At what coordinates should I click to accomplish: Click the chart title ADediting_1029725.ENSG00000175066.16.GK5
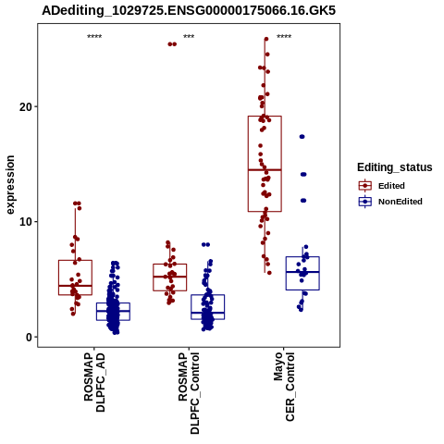[x=189, y=11]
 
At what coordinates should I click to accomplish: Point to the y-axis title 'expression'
[x=10, y=185]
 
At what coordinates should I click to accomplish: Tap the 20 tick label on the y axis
[x=26, y=107]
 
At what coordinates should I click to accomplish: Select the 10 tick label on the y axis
[x=26, y=222]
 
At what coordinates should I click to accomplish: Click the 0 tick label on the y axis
[x=29, y=338]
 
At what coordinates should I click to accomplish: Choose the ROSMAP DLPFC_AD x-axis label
[x=94, y=382]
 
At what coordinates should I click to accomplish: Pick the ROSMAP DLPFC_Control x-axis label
[x=189, y=393]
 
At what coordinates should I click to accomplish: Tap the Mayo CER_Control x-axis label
[x=284, y=387]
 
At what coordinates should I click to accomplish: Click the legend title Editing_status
[x=395, y=167]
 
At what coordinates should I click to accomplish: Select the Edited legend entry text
[x=391, y=186]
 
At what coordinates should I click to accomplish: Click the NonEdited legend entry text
[x=401, y=202]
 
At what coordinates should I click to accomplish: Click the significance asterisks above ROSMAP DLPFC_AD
[x=94, y=37]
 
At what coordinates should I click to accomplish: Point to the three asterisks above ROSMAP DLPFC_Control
[x=189, y=37]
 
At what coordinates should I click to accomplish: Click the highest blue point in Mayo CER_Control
[x=302, y=137]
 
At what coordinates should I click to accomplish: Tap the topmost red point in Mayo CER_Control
[x=266, y=39]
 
